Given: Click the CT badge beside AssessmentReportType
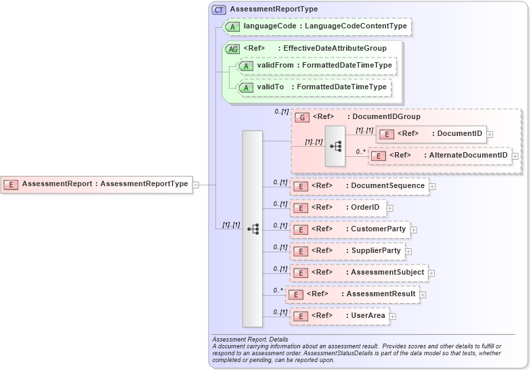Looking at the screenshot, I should [x=219, y=9].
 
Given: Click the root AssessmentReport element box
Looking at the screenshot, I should [x=96, y=183].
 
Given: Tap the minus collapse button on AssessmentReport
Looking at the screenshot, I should [x=196, y=183].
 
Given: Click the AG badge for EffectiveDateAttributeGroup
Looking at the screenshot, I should [x=233, y=49].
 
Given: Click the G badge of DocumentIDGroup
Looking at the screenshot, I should [x=302, y=117].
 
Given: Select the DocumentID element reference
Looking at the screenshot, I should [x=431, y=134].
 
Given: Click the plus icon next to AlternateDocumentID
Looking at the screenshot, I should [x=515, y=156].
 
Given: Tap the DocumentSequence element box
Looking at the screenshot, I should [x=360, y=186].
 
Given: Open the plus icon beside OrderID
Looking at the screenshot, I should [x=390, y=208].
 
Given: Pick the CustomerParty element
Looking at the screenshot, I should [x=350, y=229].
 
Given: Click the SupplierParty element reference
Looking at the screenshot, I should [x=348, y=251].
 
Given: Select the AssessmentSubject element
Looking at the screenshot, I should [x=359, y=273].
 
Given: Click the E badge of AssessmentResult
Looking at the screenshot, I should [x=297, y=294].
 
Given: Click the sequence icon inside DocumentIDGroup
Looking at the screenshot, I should [x=335, y=145].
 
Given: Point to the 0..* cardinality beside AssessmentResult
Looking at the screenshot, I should [x=278, y=290].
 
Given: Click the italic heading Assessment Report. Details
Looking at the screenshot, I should [x=250, y=339].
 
